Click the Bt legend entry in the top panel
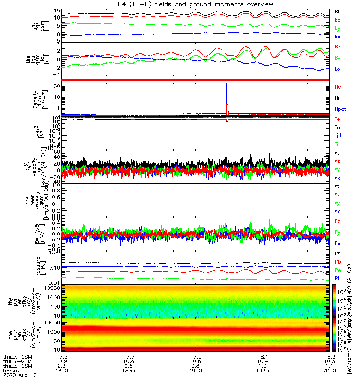point(337,11)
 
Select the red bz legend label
point(337,20)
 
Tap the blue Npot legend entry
point(340,109)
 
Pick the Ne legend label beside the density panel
point(337,87)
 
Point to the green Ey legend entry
point(337,232)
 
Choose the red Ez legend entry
point(337,221)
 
